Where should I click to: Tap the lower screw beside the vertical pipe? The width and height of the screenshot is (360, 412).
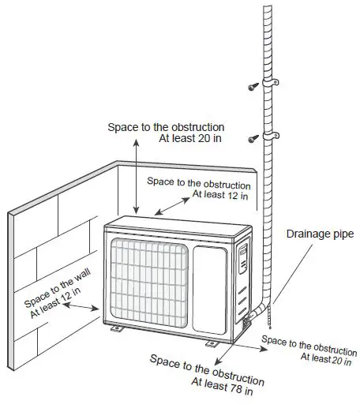click(253, 139)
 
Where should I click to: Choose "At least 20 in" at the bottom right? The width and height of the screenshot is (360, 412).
click(326, 358)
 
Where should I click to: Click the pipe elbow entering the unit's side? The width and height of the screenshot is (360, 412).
click(257, 313)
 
